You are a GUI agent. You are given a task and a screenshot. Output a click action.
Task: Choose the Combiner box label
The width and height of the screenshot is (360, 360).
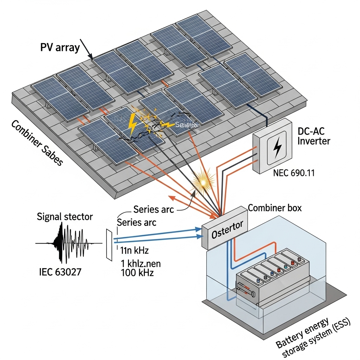275,208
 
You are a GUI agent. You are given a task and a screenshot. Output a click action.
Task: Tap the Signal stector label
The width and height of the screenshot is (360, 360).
65,217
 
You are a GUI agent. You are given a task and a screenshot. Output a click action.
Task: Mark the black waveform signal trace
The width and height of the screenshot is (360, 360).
67,243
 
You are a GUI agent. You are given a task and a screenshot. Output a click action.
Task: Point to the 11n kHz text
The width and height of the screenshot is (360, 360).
134,250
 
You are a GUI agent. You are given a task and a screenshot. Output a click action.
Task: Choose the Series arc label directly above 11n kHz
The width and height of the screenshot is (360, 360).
137,222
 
